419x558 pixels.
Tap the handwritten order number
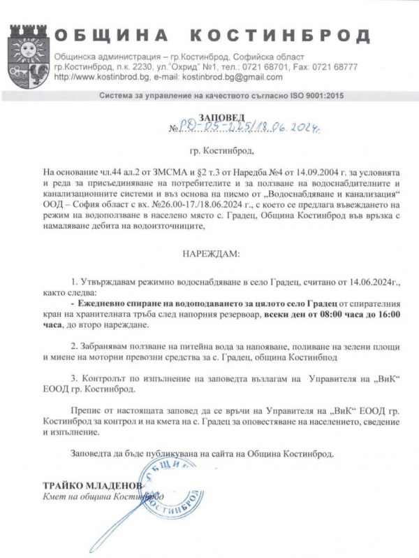click(x=251, y=128)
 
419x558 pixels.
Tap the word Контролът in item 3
click(x=105, y=378)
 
